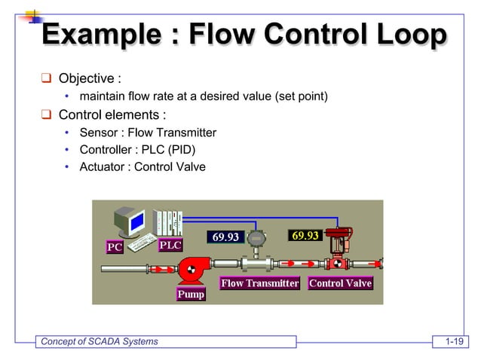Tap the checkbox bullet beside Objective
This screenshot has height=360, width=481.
[x=46, y=78]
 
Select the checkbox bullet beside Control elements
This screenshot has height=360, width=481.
[x=46, y=115]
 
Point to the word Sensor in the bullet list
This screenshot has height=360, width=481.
[x=100, y=133]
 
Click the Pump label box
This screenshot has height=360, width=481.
[x=191, y=294]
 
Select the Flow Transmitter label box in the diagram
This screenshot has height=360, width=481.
[x=259, y=283]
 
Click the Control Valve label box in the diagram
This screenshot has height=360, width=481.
[x=340, y=283]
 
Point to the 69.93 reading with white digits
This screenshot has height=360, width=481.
[x=225, y=237]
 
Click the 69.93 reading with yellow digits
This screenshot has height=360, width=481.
[x=305, y=235]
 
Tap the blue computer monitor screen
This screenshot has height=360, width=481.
[x=136, y=222]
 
